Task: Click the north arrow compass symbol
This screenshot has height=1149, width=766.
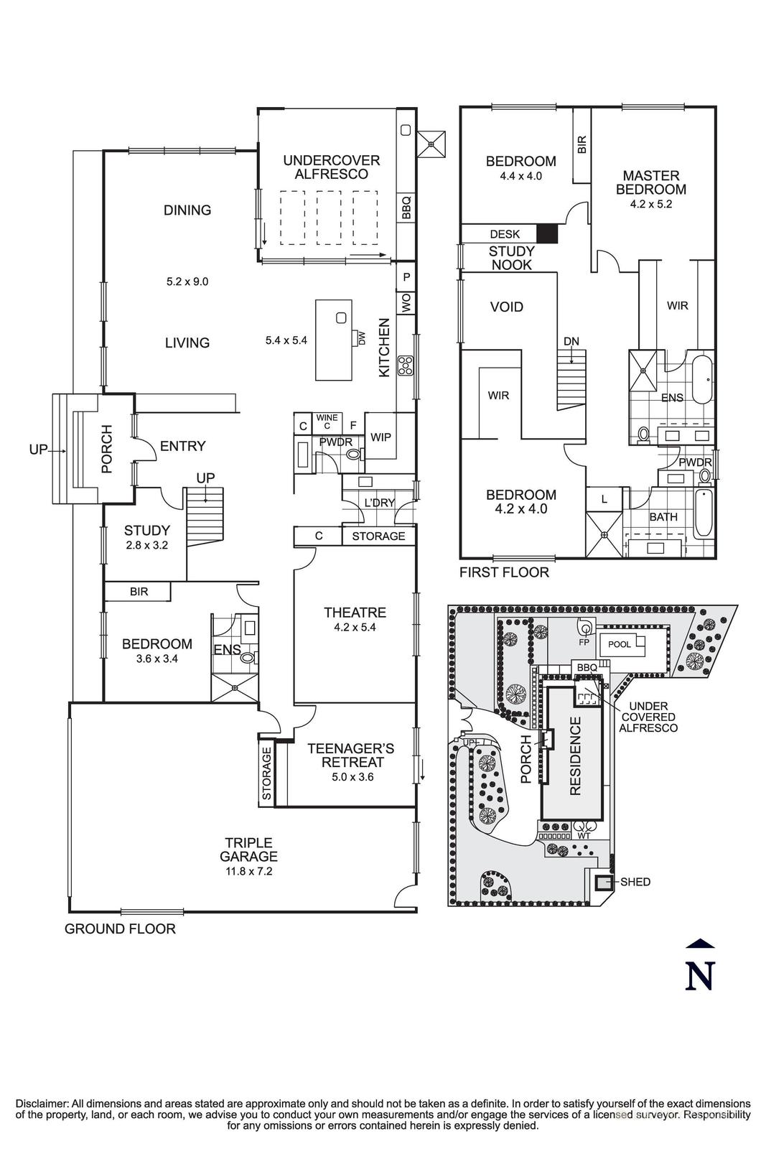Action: tap(700, 967)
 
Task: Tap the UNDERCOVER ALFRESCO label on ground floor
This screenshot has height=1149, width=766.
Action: tap(331, 167)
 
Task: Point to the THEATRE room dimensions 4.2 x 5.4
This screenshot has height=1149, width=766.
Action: tap(355, 627)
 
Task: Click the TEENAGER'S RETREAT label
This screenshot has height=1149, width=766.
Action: tap(350, 755)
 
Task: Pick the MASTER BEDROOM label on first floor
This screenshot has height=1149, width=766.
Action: tap(650, 182)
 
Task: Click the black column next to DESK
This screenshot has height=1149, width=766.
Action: tap(547, 233)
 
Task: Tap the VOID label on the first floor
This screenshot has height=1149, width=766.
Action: tap(506, 307)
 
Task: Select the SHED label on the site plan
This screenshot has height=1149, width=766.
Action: tap(635, 881)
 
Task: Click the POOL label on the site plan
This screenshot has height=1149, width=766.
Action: tap(619, 644)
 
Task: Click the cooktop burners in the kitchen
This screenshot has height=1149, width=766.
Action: tap(406, 366)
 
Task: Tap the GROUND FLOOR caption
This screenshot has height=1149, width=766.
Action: tap(120, 929)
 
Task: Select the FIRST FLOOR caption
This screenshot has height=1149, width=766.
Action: tap(504, 572)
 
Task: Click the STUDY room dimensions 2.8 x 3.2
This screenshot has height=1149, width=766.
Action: tap(146, 544)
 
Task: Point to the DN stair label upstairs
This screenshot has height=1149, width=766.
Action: tap(571, 341)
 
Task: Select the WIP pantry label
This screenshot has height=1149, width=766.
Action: tap(380, 437)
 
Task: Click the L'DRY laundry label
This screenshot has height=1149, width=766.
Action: tap(379, 503)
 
